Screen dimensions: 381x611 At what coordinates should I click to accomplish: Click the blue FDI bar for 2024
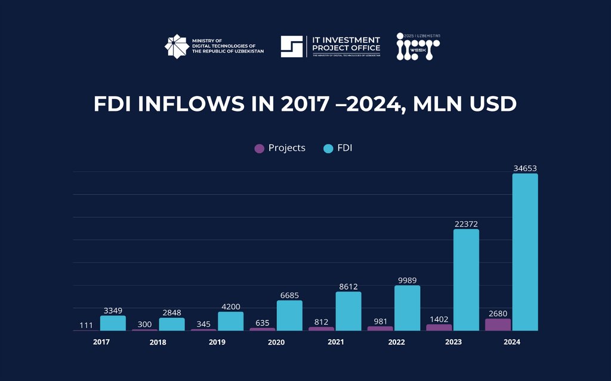point(525,252)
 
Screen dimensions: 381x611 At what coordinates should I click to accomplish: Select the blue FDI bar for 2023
point(466,280)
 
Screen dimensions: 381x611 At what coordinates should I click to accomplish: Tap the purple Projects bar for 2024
point(498,324)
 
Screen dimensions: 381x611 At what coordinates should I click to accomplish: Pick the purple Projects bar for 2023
point(439,327)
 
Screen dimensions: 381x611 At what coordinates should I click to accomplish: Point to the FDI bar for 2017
point(113,323)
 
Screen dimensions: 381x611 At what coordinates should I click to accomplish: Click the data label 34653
point(525,168)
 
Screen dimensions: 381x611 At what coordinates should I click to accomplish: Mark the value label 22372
point(466,224)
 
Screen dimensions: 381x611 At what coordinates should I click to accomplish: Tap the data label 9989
point(407,280)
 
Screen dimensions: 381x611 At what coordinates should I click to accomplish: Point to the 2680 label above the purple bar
point(498,312)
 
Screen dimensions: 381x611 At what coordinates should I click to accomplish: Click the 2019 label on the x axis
point(217,342)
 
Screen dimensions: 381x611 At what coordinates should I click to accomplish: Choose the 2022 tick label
point(396,342)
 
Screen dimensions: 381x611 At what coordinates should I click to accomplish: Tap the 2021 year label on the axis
point(336,342)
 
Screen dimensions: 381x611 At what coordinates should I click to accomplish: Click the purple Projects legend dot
point(259,148)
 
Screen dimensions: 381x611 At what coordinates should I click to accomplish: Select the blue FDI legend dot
point(328,148)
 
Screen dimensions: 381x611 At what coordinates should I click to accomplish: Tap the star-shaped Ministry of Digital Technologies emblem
point(176,47)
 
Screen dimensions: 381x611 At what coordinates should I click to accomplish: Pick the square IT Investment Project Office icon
point(292,47)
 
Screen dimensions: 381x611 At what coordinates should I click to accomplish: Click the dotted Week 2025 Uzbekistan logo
point(418,47)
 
